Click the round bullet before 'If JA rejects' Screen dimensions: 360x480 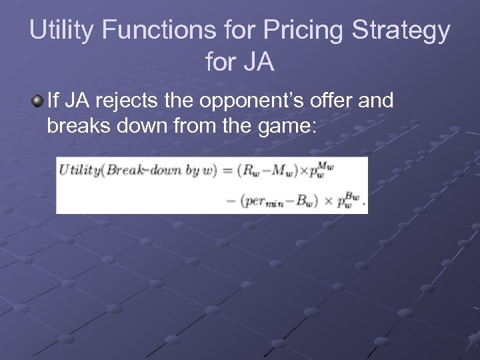coord(38,101)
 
